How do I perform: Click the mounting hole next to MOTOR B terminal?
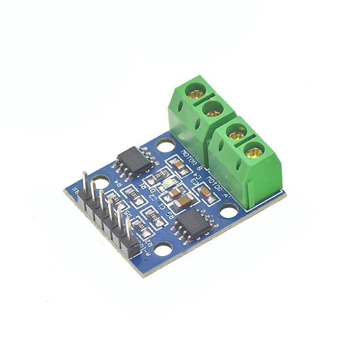[x=165, y=144]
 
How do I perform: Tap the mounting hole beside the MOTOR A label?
[x=229, y=210]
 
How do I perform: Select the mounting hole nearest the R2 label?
[x=163, y=249]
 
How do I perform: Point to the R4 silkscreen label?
[x=118, y=184]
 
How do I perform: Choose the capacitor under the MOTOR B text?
[x=179, y=167]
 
